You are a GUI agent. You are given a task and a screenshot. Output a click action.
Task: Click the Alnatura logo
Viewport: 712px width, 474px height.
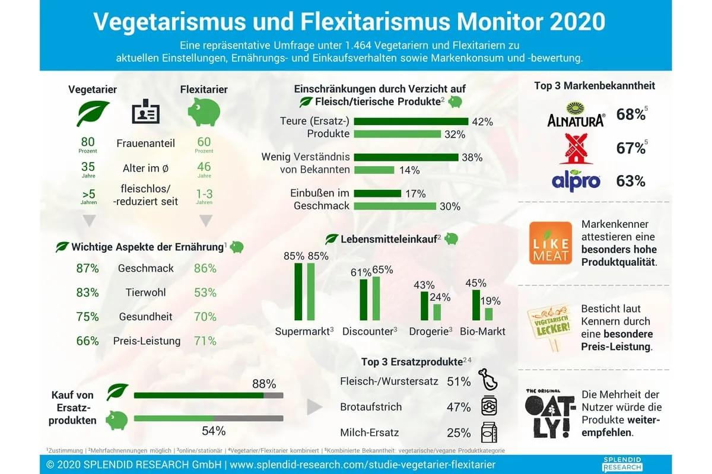(575, 114)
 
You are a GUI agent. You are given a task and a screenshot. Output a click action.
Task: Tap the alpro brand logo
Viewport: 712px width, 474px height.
(576, 180)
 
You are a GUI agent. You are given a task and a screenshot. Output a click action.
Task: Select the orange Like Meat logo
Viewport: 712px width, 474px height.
(551, 243)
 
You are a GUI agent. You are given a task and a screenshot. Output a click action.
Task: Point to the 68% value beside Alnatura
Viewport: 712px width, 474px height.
(631, 114)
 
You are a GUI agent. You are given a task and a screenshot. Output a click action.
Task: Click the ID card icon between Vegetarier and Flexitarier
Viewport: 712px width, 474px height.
(145, 112)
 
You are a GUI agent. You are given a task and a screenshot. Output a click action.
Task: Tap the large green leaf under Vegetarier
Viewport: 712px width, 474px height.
(93, 113)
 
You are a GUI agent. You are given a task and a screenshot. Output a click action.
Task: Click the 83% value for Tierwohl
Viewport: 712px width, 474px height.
(87, 292)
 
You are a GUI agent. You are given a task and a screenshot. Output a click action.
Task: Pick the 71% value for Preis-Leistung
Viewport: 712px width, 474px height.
(205, 341)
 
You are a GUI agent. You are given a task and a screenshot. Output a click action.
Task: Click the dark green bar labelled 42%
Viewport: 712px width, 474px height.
(411, 122)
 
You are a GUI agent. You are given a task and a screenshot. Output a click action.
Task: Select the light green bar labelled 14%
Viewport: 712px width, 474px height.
(374, 170)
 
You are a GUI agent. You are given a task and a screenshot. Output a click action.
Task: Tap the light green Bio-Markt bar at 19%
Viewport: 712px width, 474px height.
(488, 314)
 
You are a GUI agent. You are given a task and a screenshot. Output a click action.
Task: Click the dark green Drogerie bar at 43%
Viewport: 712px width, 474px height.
(424, 306)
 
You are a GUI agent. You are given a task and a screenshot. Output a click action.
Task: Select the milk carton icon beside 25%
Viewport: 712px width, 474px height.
(489, 432)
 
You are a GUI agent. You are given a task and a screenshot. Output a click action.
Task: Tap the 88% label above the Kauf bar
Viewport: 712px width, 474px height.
(264, 384)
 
